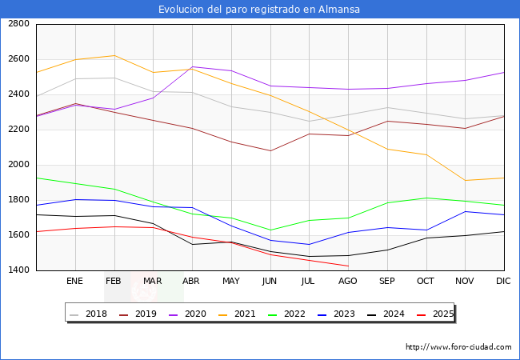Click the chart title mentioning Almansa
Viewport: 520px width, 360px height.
259,10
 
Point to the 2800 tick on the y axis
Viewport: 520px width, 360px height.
19,24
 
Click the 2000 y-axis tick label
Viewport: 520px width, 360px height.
19,165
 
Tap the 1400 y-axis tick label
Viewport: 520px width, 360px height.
19,270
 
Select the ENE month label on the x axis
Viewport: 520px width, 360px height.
74,282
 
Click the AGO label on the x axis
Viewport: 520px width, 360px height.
348,282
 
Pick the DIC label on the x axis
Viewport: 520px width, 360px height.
503,282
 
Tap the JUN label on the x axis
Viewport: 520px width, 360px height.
270,282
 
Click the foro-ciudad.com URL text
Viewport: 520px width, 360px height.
458,347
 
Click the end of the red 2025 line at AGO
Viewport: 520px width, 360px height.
348,266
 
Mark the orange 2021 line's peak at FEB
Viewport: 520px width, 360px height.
114,55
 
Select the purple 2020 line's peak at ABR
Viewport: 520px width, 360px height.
192,67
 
